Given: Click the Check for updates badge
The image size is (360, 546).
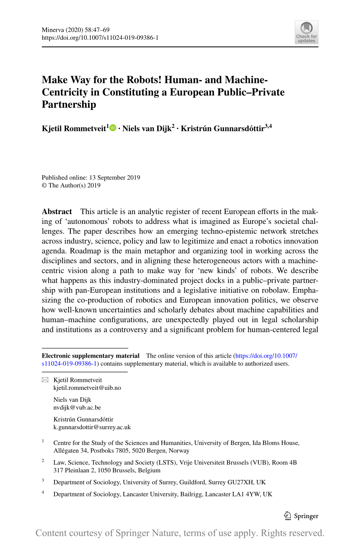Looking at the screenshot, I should pos(306,32).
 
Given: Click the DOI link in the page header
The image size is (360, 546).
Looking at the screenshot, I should pos(100,38).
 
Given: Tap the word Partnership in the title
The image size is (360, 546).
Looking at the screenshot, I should pos(69,105).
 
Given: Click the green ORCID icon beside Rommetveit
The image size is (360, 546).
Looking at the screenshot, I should pos(113,128).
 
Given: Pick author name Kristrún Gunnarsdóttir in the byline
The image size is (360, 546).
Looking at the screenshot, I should pos(222,128).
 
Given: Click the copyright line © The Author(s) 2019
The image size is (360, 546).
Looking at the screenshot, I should pos(71,185).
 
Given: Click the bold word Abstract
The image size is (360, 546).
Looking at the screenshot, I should pos(57,212).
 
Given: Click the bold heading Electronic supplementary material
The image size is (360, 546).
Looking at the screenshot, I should pos(90,356).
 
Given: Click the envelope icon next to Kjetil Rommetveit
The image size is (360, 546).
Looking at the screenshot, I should pos(45,380).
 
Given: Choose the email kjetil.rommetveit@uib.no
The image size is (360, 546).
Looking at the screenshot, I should pos(87,387).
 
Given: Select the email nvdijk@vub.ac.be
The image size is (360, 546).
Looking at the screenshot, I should pos(77,407).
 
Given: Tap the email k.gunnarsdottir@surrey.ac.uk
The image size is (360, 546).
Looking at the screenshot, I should pos(92,427).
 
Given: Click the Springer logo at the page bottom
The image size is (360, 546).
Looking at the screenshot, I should pos(301,516).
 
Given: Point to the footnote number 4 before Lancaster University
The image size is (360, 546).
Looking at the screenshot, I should pos(43,493).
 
